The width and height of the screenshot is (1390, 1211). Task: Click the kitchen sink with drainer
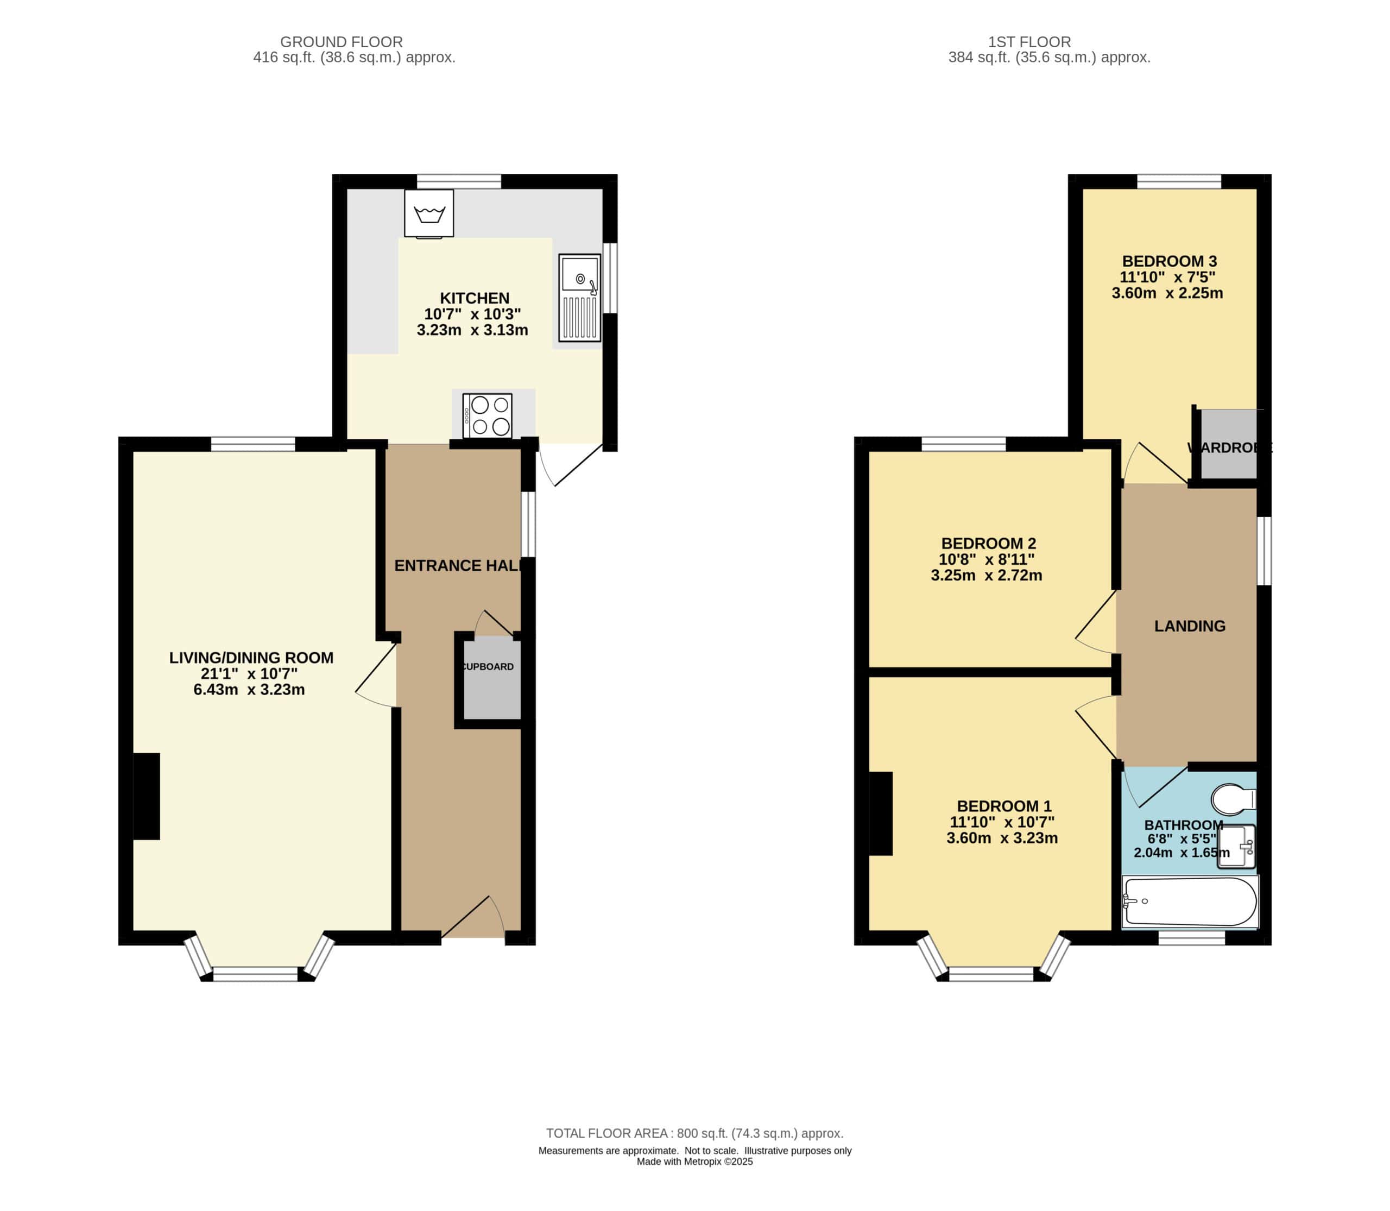[580, 298]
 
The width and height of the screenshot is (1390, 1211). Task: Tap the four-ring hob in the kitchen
[487, 415]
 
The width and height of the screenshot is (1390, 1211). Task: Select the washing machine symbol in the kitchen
[429, 213]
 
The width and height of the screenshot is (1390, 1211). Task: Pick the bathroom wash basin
[1236, 846]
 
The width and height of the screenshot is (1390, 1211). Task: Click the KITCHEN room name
[475, 298]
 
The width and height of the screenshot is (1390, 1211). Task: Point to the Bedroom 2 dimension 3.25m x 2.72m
[987, 576]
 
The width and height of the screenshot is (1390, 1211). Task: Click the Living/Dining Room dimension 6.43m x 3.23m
[249, 690]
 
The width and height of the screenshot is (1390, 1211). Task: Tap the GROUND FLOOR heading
[341, 42]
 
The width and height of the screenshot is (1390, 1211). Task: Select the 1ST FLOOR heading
[1029, 42]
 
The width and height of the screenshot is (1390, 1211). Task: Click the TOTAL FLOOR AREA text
[694, 1133]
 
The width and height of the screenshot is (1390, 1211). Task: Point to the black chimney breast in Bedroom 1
[881, 813]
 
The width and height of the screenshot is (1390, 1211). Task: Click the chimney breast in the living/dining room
[147, 797]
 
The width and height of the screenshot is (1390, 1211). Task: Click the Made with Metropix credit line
[694, 1162]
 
